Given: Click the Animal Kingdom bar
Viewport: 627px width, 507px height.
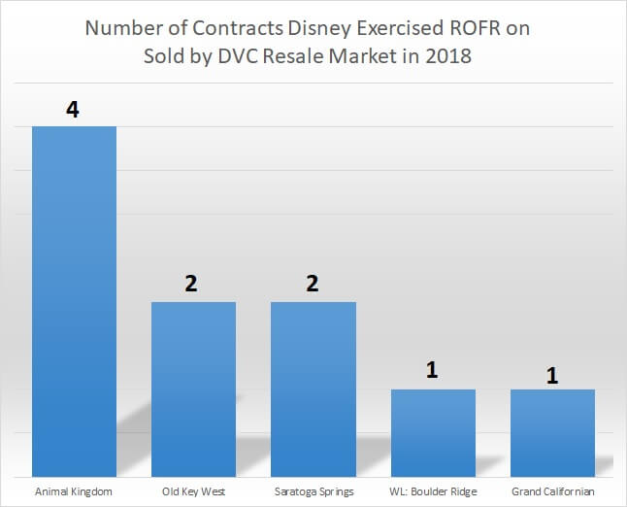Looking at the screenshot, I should (74, 301).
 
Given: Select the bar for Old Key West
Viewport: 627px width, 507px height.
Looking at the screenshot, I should (193, 389).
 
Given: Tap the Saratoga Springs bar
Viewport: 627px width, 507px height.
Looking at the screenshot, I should (313, 389).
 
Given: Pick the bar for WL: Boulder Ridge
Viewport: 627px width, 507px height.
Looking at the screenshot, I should (433, 432).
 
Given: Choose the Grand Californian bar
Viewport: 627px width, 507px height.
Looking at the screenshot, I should (552, 432).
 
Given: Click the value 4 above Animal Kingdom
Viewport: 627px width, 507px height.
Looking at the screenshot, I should (73, 110).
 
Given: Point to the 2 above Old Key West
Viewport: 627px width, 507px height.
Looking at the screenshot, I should (193, 286).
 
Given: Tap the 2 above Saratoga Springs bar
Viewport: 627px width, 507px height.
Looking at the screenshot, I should (313, 286).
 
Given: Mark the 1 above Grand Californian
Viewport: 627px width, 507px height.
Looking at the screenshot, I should (552, 374).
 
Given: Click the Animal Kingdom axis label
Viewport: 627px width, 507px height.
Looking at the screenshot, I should (74, 492).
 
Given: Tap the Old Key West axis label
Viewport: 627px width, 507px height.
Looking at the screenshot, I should (193, 492).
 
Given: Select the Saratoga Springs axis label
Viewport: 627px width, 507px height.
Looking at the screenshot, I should (313, 492).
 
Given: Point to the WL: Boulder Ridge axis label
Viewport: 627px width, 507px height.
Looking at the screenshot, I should (433, 492).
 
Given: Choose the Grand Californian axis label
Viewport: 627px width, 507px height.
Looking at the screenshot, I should (552, 492).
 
